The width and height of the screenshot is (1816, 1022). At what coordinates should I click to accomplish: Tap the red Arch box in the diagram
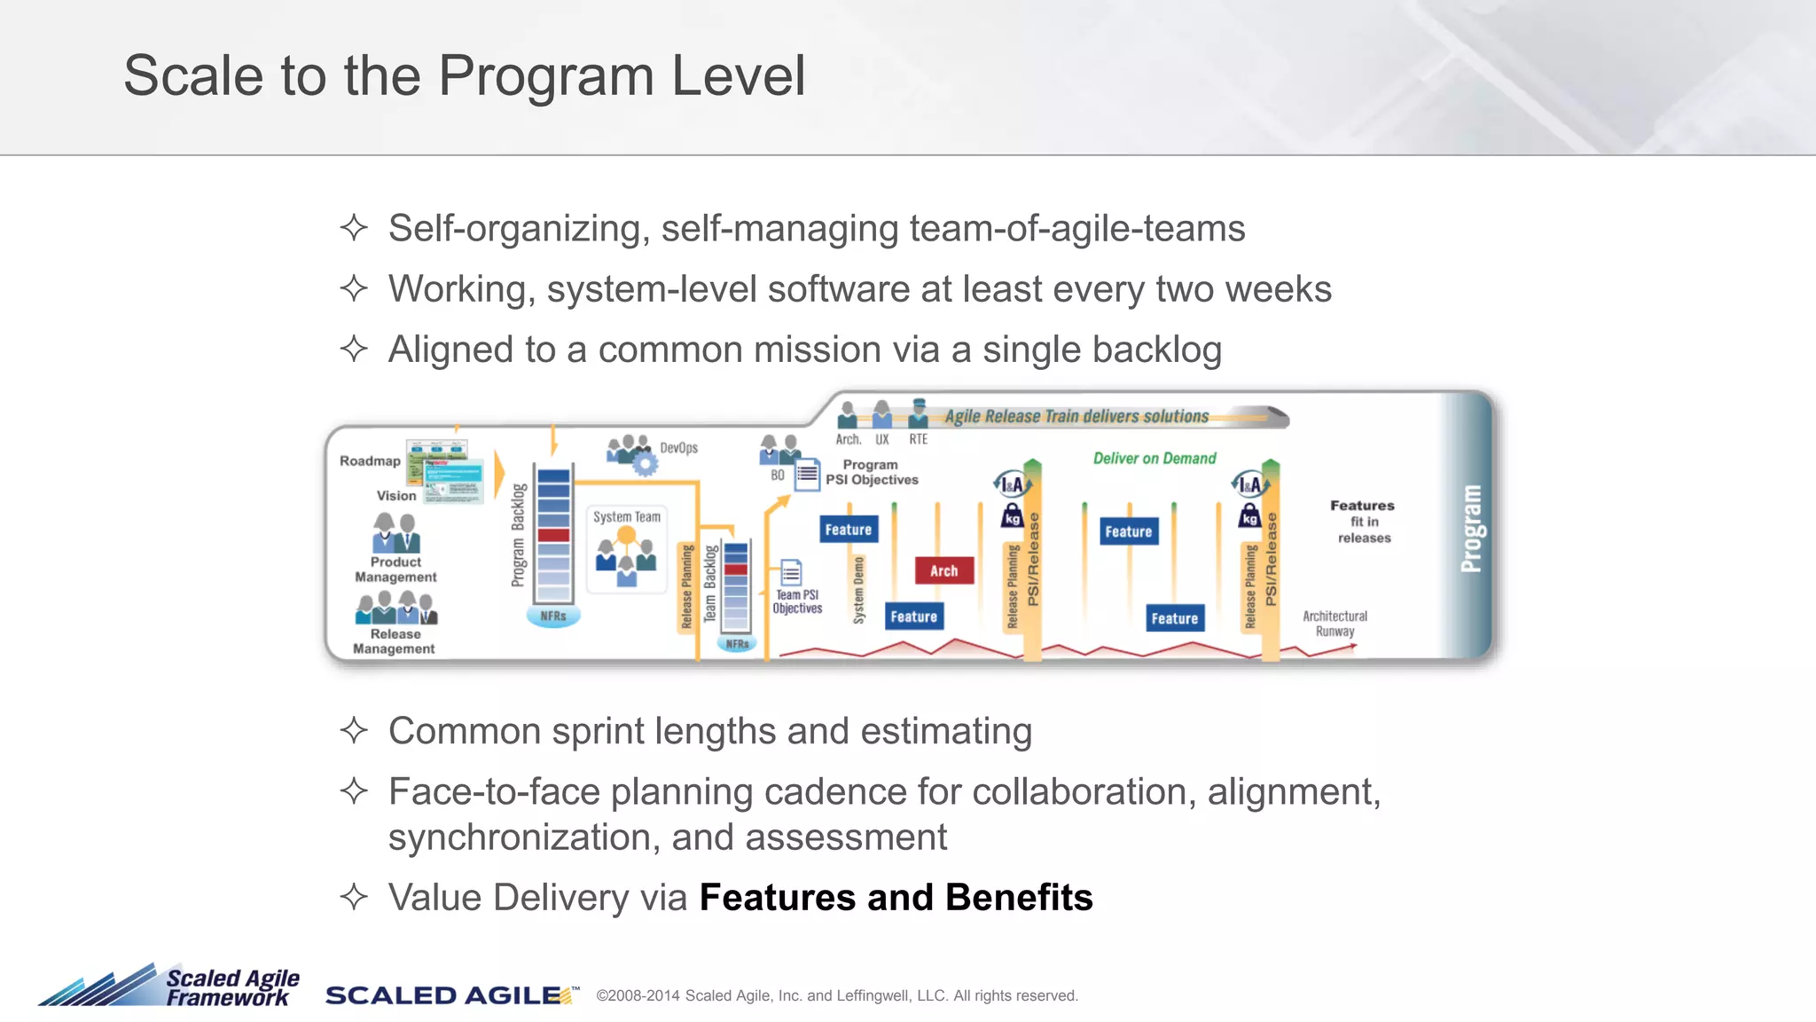pos(943,570)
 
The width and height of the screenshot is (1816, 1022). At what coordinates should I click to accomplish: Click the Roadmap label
pos(370,460)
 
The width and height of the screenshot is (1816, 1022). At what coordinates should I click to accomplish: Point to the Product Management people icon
pos(395,532)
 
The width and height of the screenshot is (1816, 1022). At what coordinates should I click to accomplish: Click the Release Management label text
pos(395,641)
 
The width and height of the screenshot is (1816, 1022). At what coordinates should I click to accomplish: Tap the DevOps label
pos(678,448)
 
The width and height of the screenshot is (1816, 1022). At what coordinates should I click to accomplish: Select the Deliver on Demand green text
pos(1154,459)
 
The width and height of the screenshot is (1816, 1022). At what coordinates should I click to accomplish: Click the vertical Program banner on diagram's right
pos(1470,528)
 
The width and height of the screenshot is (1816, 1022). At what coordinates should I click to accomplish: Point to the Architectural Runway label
pos(1335,624)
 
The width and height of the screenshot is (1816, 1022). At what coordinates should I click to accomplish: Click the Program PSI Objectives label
pos(871,472)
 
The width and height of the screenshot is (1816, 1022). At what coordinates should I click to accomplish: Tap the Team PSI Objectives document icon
pos(791,572)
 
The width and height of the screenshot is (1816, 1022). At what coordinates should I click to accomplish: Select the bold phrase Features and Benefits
pos(896,898)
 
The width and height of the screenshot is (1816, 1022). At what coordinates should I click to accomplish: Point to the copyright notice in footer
pos(836,996)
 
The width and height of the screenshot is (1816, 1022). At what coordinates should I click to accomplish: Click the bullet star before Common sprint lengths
pos(354,731)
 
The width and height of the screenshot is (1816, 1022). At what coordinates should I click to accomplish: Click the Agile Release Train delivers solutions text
pos(1076,416)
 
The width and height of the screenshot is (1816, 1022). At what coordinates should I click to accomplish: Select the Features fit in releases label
pos(1363,522)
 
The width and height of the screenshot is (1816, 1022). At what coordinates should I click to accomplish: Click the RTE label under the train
pos(918,439)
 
